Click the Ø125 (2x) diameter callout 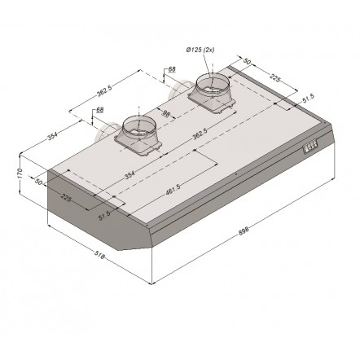[200, 50]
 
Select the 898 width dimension [244, 230]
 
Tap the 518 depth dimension [99, 254]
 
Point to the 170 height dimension [20, 173]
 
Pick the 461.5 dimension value [173, 189]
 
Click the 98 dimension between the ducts [165, 113]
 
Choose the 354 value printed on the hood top [130, 175]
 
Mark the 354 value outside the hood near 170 [53, 136]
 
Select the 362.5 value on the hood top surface [200, 134]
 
